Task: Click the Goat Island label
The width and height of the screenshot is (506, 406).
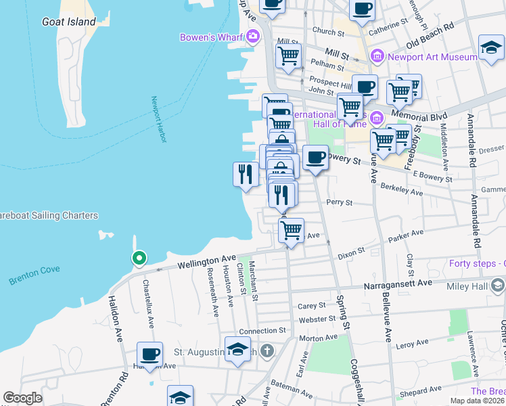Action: click(x=69, y=22)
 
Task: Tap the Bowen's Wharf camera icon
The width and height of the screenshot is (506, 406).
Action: click(x=253, y=37)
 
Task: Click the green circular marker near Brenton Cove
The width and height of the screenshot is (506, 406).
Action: click(x=139, y=258)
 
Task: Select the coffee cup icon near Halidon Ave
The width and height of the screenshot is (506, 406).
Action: click(x=149, y=354)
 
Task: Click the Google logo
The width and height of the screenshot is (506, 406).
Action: click(x=22, y=398)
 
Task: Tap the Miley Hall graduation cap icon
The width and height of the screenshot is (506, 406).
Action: click(x=498, y=285)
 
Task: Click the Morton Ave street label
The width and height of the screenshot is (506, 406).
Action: click(x=322, y=337)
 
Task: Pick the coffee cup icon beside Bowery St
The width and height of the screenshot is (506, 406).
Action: click(x=315, y=157)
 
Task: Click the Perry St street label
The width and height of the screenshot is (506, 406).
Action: click(x=340, y=202)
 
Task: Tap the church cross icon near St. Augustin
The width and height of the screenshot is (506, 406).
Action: click(x=267, y=351)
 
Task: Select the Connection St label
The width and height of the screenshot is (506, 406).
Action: click(x=262, y=331)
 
